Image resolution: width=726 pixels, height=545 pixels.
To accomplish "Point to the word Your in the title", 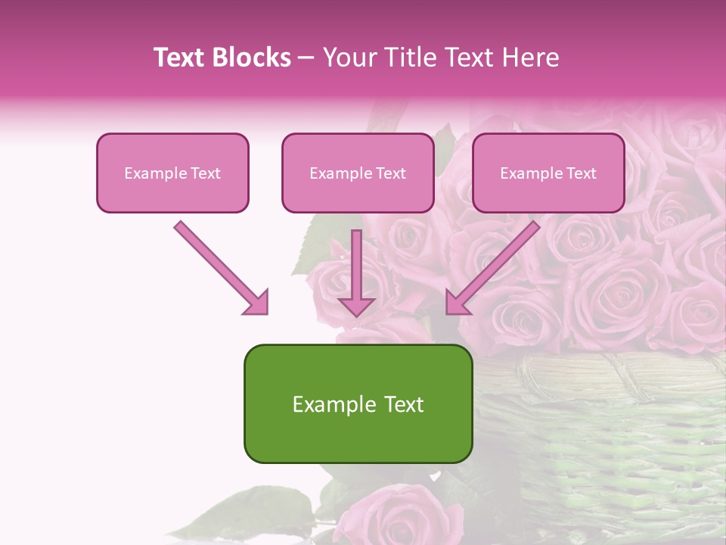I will (348, 58).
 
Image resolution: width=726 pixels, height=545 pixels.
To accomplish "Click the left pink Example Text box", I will (172, 173).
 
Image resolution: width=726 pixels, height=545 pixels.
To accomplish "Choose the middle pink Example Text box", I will (358, 173).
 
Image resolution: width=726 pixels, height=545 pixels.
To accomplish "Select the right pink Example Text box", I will (548, 173).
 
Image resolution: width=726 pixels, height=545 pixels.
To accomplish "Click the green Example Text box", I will (358, 404).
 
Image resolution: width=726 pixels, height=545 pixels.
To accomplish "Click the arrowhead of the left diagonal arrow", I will (257, 303).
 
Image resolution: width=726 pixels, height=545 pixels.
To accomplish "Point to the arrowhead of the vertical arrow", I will (356, 306).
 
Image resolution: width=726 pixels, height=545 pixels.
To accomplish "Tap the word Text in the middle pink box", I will (391, 173).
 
